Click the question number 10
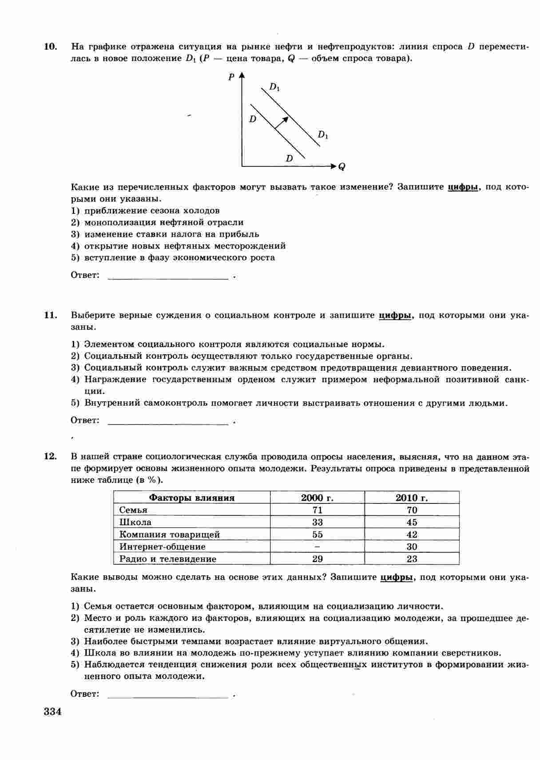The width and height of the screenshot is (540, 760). pyautogui.click(x=51, y=47)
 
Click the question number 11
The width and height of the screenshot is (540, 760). pyautogui.click(x=51, y=315)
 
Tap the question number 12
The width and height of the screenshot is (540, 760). pyautogui.click(x=51, y=456)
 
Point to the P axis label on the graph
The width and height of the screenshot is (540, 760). pyautogui.click(x=231, y=77)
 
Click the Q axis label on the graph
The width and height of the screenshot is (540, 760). pyautogui.click(x=342, y=167)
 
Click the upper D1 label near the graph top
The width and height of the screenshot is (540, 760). pyautogui.click(x=274, y=87)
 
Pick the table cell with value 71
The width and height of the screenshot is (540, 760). pyautogui.click(x=317, y=510)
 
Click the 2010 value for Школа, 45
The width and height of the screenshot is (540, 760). pyautogui.click(x=412, y=522)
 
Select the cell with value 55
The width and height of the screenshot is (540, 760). pyautogui.click(x=317, y=534)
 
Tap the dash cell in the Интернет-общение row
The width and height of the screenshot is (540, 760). pyautogui.click(x=317, y=546)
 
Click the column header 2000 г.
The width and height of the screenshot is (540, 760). pyautogui.click(x=317, y=498)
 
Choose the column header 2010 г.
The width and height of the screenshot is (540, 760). pyautogui.click(x=412, y=498)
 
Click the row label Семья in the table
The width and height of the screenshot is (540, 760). pyautogui.click(x=133, y=510)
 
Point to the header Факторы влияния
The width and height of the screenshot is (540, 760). pyautogui.click(x=191, y=498)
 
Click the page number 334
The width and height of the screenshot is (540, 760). pyautogui.click(x=52, y=712)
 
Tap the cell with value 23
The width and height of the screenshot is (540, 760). pyautogui.click(x=412, y=559)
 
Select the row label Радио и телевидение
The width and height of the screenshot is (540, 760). pyautogui.click(x=167, y=559)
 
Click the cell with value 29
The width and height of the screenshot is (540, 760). pyautogui.click(x=317, y=559)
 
